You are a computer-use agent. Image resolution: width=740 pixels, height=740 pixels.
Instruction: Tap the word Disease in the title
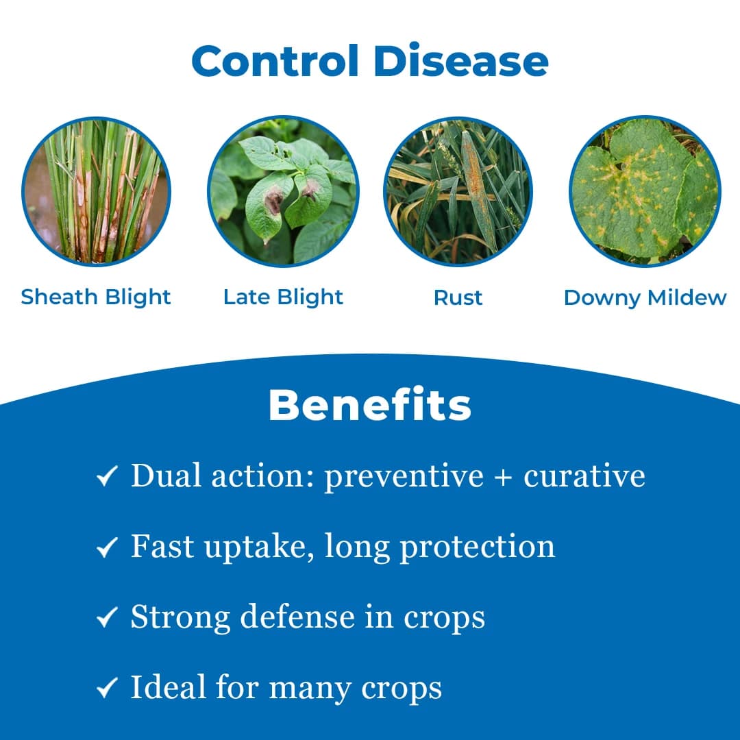[x=462, y=61]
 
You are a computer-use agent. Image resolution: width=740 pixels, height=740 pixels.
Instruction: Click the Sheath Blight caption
[x=96, y=297]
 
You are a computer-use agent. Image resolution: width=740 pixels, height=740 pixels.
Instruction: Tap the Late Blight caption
[x=283, y=297]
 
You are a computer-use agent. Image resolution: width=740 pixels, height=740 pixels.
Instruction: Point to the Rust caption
[x=458, y=298]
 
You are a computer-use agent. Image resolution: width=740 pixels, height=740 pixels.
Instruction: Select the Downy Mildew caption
[x=645, y=298]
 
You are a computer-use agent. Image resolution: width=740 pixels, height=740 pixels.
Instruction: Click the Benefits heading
[x=370, y=406]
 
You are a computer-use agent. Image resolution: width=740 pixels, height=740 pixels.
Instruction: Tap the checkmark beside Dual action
[x=108, y=477]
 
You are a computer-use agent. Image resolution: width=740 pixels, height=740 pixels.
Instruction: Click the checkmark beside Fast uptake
[x=108, y=547]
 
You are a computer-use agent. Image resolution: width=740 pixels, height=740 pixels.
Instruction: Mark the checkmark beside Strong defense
[x=108, y=618]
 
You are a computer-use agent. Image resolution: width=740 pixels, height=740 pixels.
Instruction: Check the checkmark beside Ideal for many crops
[x=108, y=689]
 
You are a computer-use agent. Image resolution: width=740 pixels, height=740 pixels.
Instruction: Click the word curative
[x=584, y=476]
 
